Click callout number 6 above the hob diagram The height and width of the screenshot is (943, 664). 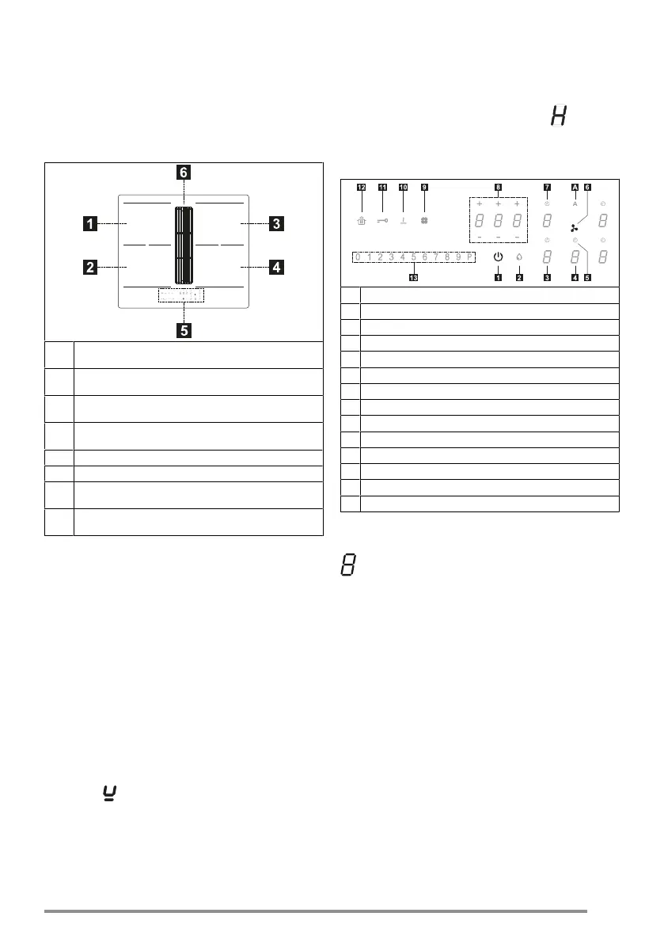click(183, 172)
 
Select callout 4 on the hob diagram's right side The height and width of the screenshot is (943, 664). click(275, 268)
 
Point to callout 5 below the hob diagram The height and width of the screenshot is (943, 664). click(183, 331)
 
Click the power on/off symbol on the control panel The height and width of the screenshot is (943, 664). click(498, 257)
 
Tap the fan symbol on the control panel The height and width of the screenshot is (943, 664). click(574, 227)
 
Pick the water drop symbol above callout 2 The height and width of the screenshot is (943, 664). click(519, 257)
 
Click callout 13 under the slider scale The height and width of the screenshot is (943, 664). click(413, 277)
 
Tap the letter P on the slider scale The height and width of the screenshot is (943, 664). click(469, 257)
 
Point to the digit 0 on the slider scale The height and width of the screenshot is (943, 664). click(358, 257)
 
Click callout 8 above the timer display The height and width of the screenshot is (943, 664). click(498, 188)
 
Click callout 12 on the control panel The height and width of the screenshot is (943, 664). click(361, 188)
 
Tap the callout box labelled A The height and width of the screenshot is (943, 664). click(575, 188)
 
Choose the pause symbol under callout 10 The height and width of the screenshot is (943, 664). click(403, 221)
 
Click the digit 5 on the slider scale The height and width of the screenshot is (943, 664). click(413, 257)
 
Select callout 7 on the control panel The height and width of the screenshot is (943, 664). click(546, 188)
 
